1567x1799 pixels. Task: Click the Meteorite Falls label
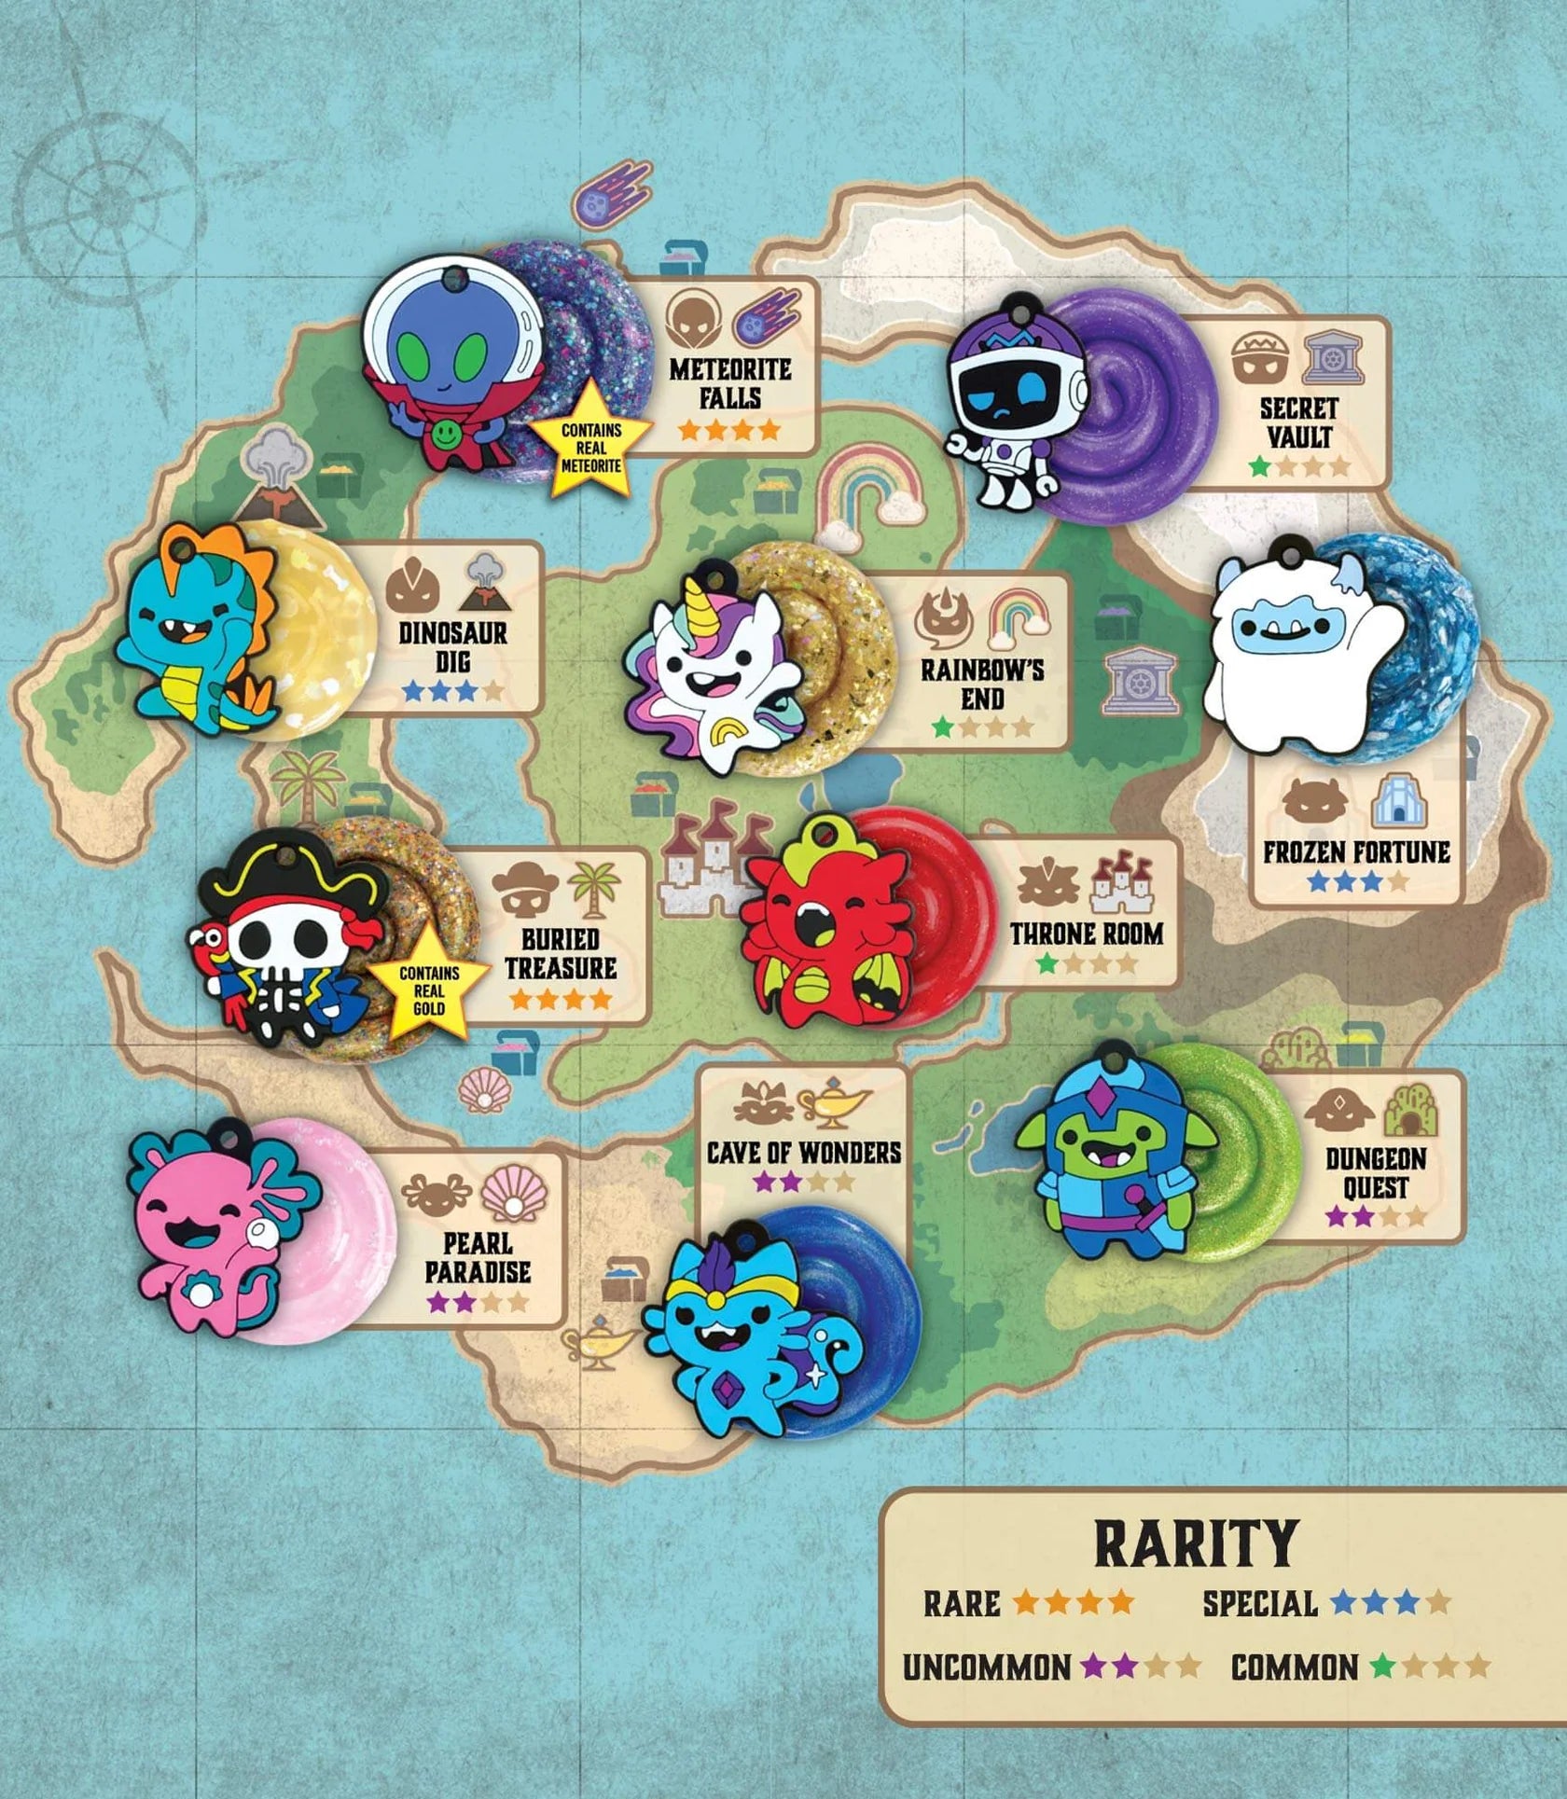(x=729, y=382)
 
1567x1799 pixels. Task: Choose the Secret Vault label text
(x=1298, y=422)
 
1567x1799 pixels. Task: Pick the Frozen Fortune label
(x=1356, y=851)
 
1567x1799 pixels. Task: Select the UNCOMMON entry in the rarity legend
(x=986, y=1668)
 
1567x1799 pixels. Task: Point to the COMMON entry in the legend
(x=1294, y=1668)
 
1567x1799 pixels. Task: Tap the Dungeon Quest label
(x=1376, y=1173)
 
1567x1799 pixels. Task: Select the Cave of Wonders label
(x=803, y=1152)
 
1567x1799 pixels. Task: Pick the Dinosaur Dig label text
(x=452, y=647)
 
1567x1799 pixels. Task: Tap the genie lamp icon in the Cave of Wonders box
(x=834, y=1100)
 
